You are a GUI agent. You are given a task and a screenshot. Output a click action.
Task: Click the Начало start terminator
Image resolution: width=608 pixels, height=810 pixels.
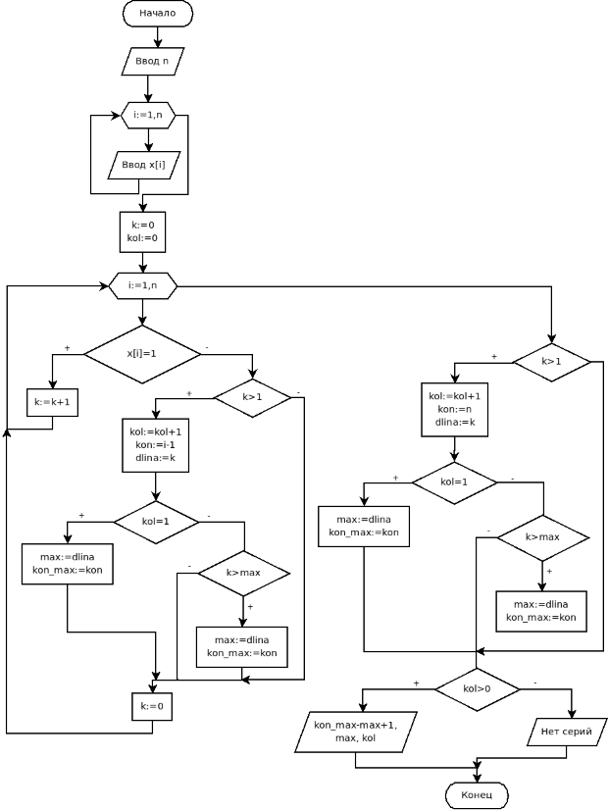click(x=157, y=14)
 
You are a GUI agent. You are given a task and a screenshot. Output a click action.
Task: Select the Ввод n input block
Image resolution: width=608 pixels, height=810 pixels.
click(x=151, y=61)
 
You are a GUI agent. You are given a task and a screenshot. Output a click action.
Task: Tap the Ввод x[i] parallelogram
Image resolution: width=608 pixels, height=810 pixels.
click(x=143, y=165)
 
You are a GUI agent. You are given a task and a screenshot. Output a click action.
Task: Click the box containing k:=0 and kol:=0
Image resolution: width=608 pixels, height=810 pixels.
click(x=142, y=231)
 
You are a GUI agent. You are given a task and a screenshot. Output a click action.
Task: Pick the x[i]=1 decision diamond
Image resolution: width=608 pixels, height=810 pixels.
click(x=142, y=353)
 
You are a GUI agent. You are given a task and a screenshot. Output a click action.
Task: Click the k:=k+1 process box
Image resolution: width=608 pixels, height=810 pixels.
click(x=52, y=403)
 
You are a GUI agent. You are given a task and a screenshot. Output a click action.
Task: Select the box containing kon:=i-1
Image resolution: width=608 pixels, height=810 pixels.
click(x=155, y=444)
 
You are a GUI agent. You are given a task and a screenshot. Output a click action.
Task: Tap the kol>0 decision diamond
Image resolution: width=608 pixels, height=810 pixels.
click(x=477, y=688)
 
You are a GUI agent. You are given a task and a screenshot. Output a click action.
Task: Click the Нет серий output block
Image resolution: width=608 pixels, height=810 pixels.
click(x=566, y=732)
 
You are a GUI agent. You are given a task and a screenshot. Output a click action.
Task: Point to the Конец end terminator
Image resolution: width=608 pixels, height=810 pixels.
click(x=477, y=793)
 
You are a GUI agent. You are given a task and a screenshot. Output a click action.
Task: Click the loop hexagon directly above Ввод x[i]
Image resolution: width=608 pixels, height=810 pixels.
click(x=148, y=116)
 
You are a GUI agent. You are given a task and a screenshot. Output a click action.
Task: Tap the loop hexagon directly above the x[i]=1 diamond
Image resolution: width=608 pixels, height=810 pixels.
click(x=142, y=286)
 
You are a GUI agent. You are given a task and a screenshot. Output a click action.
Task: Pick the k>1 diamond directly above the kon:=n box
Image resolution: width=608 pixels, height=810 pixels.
click(x=551, y=362)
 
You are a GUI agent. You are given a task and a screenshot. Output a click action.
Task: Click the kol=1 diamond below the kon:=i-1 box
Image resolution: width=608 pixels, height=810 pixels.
click(x=156, y=521)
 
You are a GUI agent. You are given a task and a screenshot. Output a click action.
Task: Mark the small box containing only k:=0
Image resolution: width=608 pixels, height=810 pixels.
click(x=152, y=706)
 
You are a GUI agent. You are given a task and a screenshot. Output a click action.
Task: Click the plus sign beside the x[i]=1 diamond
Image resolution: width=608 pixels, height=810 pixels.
click(x=67, y=348)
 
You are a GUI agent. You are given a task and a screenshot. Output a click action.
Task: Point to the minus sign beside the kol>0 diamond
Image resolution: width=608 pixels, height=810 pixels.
click(x=534, y=683)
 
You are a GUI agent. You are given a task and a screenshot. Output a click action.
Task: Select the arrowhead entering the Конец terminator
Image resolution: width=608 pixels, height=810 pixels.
click(x=477, y=777)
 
